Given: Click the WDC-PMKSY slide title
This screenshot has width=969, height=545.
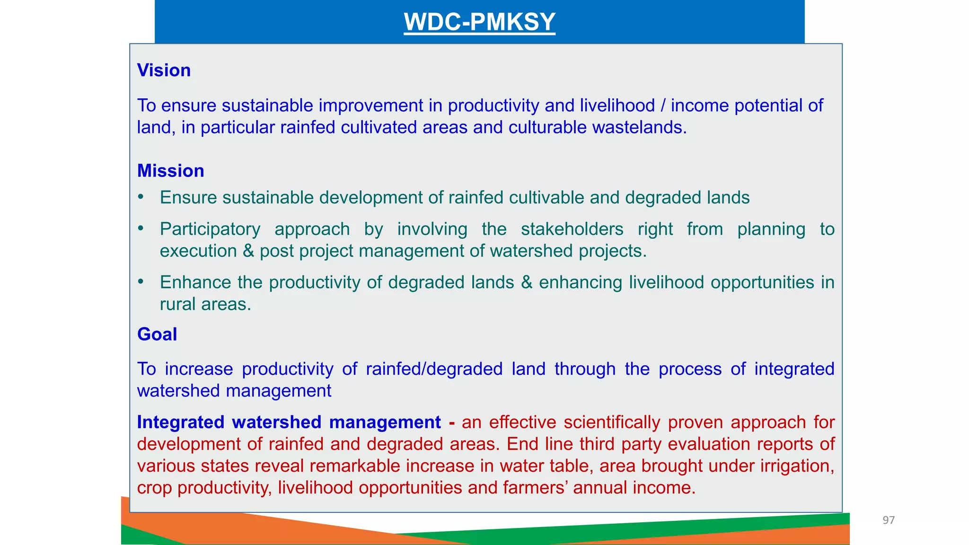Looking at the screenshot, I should (479, 22).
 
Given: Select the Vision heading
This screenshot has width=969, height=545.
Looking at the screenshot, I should (164, 70).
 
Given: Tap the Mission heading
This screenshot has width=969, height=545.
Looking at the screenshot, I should (170, 171).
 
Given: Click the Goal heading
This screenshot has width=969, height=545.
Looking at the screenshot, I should (157, 334).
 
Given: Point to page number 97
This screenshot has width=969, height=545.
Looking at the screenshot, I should (889, 520).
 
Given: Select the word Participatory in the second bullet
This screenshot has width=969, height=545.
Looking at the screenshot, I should (210, 229).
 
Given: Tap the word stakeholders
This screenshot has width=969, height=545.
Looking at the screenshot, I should (572, 229).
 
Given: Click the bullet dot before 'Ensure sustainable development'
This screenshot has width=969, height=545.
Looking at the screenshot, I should (141, 197).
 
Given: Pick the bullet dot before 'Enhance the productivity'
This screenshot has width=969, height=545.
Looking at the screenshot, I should (141, 282).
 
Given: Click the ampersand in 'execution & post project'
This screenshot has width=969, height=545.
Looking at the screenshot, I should (248, 251).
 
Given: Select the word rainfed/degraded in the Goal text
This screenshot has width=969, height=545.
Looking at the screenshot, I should (434, 369).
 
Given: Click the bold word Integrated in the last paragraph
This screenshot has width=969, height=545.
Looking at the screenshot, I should (180, 422).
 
